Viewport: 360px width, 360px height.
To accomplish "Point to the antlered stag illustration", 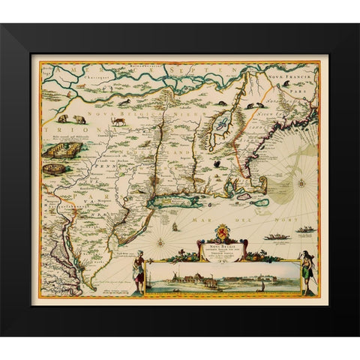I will pos(118,119).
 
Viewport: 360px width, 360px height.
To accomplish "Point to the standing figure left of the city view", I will pos(137,272).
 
